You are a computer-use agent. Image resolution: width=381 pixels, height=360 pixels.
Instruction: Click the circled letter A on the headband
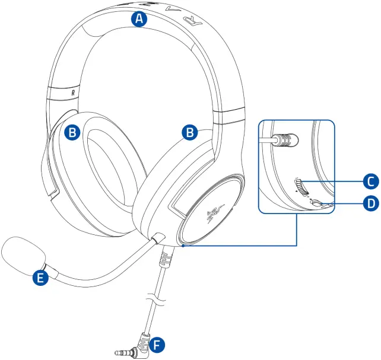click(x=139, y=19)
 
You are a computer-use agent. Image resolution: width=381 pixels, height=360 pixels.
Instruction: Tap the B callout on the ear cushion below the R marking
click(x=72, y=133)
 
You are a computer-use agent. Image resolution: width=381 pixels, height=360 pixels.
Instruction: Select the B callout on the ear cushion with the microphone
click(x=189, y=132)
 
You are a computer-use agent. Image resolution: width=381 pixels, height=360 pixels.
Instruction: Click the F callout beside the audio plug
click(x=157, y=344)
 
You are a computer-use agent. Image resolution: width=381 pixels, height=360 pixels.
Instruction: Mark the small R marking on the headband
click(x=72, y=92)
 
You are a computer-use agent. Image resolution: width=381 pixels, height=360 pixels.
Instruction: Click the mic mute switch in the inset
click(x=318, y=203)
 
